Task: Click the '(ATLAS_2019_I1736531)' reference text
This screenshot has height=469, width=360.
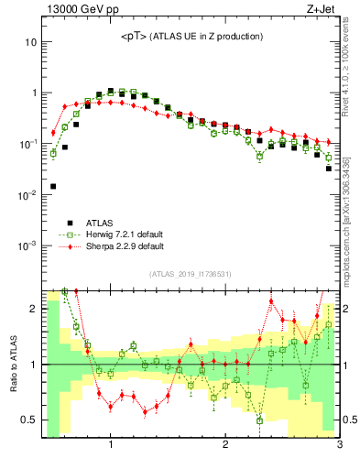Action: tap(191, 274)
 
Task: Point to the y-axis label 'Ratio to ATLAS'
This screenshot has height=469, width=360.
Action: tap(13, 365)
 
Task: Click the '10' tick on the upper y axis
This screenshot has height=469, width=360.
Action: tap(30, 42)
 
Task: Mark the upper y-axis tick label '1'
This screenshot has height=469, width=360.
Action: tap(33, 93)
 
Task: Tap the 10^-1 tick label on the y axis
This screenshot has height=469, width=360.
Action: tap(27, 144)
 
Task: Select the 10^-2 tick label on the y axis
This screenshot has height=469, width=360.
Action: tap(27, 195)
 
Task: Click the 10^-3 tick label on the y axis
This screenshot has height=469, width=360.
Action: tap(27, 245)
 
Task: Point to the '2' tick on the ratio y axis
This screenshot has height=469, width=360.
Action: tap(33, 309)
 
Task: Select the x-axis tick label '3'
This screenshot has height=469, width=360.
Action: tap(339, 445)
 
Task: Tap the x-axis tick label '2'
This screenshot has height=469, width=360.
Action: tap(225, 445)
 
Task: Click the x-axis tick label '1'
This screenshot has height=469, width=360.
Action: tap(111, 445)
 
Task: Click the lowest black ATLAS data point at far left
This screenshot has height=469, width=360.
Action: tap(53, 186)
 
